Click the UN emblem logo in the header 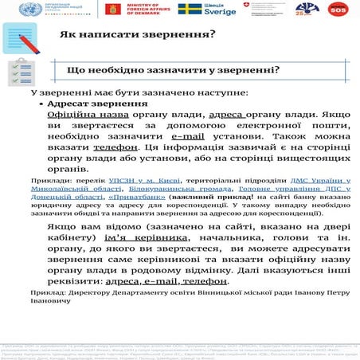click(12, 9)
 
